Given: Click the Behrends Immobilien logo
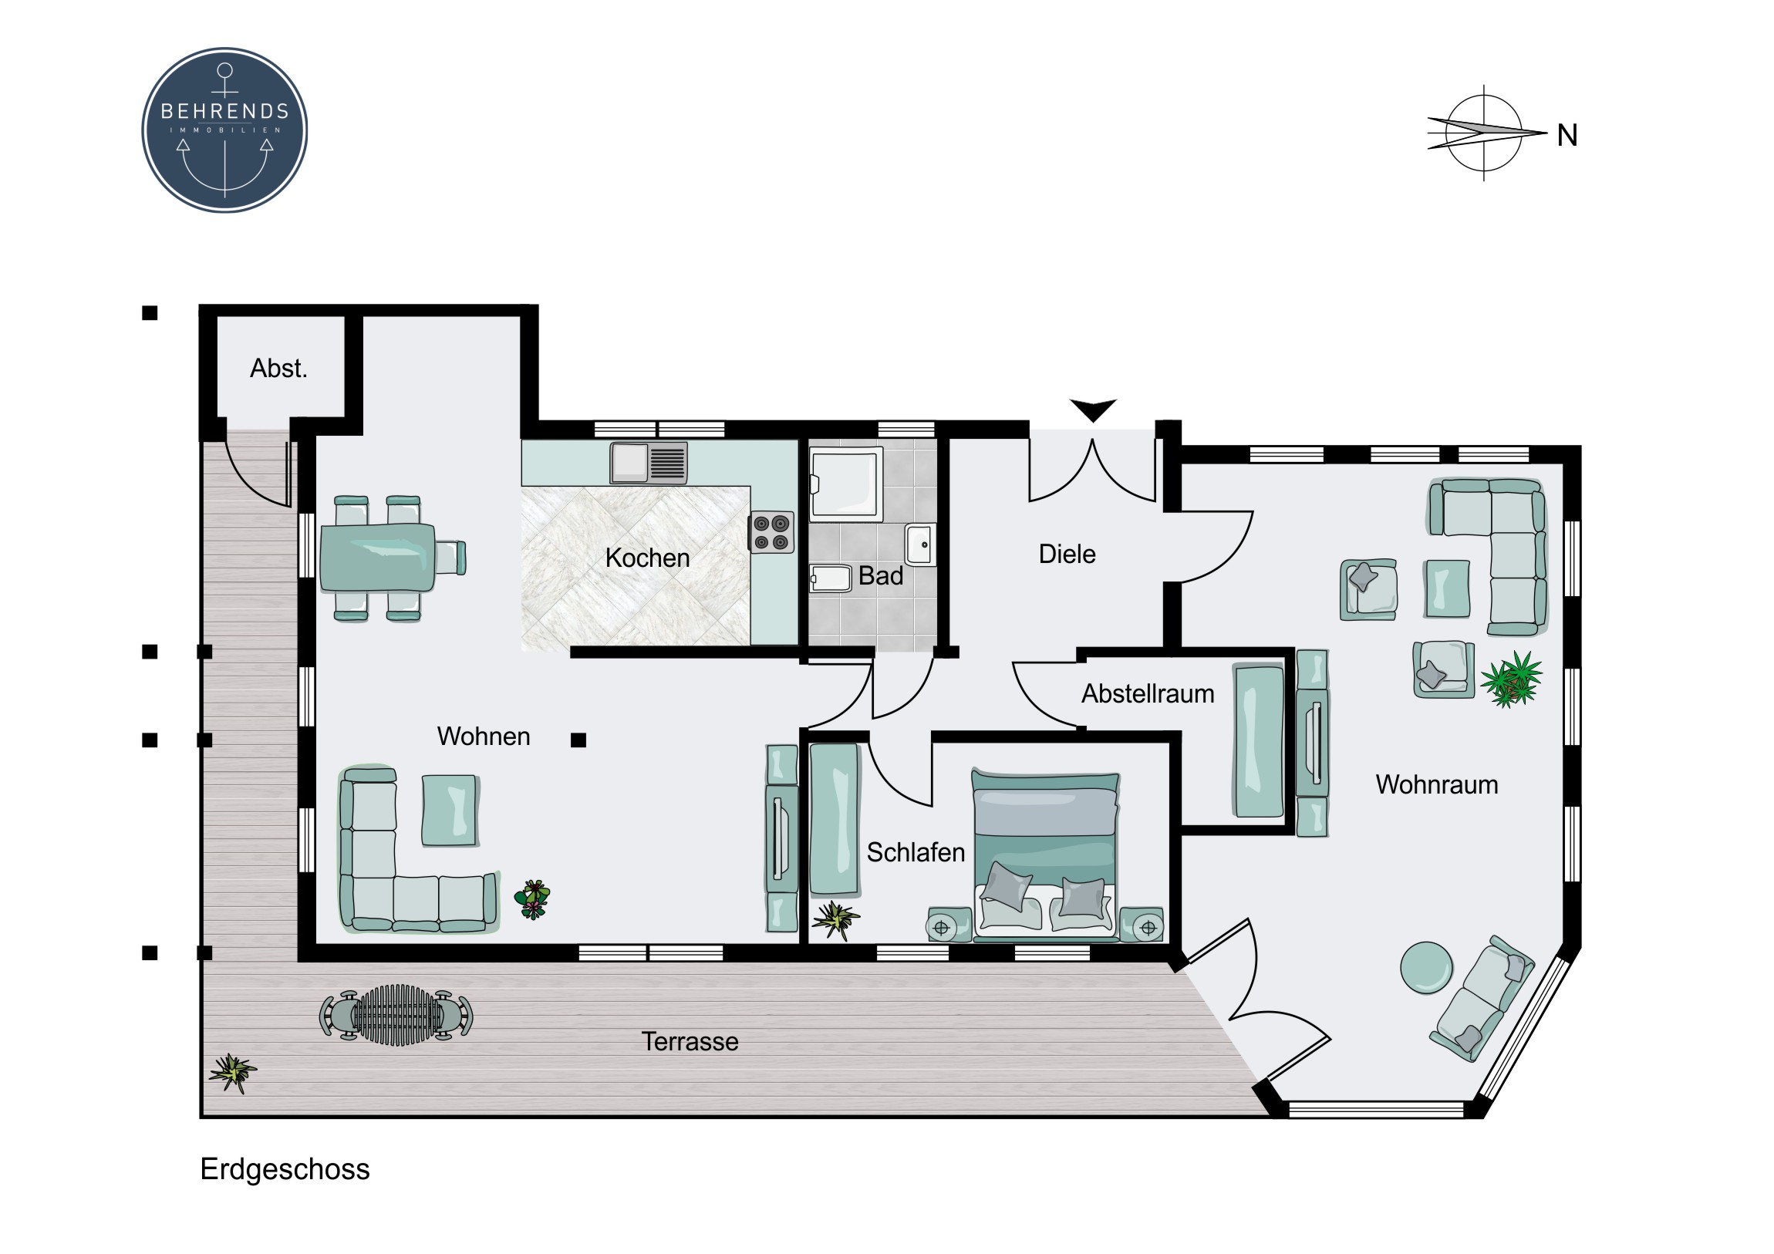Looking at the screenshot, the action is [x=225, y=130].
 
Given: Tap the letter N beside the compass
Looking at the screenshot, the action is [x=1567, y=136].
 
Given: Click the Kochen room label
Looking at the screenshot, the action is [x=646, y=558].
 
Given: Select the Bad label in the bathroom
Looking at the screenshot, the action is [x=881, y=575].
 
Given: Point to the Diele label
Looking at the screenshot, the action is [x=1067, y=554].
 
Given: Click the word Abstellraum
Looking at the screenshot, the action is [x=1148, y=694].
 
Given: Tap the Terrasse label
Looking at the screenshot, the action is [x=690, y=1041].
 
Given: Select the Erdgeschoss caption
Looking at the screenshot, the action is [x=285, y=1170].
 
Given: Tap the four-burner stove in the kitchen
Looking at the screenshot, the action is [x=772, y=532].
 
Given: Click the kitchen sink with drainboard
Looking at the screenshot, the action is [x=649, y=462].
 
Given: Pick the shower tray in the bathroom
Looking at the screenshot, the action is [x=845, y=483].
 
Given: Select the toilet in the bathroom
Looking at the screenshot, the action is [x=831, y=578].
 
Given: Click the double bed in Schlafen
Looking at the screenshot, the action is [x=1044, y=855].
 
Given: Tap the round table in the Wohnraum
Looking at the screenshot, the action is [x=1426, y=967].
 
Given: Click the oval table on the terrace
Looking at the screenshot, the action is [x=396, y=1014].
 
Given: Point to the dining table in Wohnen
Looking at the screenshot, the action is [x=378, y=557].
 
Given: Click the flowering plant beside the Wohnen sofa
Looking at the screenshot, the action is [x=532, y=899].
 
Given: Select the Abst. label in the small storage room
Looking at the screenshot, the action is [x=279, y=369].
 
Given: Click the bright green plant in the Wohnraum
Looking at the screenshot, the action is [x=1512, y=679].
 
